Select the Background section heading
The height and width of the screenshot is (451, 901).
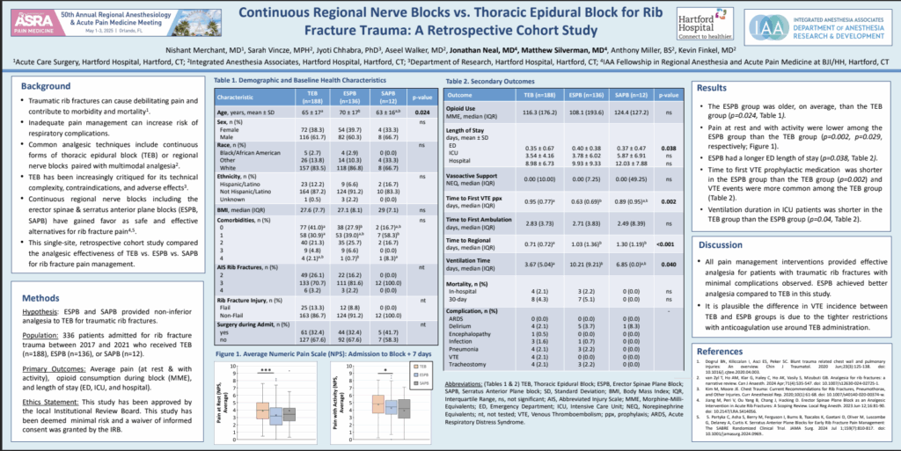tap(46, 86)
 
